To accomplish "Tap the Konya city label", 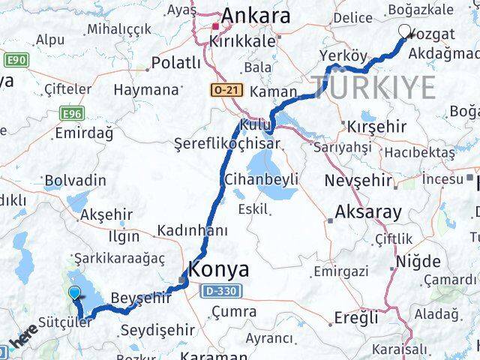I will click(220, 269).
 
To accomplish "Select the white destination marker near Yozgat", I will click(406, 31).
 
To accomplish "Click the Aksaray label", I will click(368, 212).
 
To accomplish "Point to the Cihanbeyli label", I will click(261, 179).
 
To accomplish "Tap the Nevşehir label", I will click(358, 181).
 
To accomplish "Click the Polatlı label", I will click(175, 63).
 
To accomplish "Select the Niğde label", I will click(418, 262).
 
